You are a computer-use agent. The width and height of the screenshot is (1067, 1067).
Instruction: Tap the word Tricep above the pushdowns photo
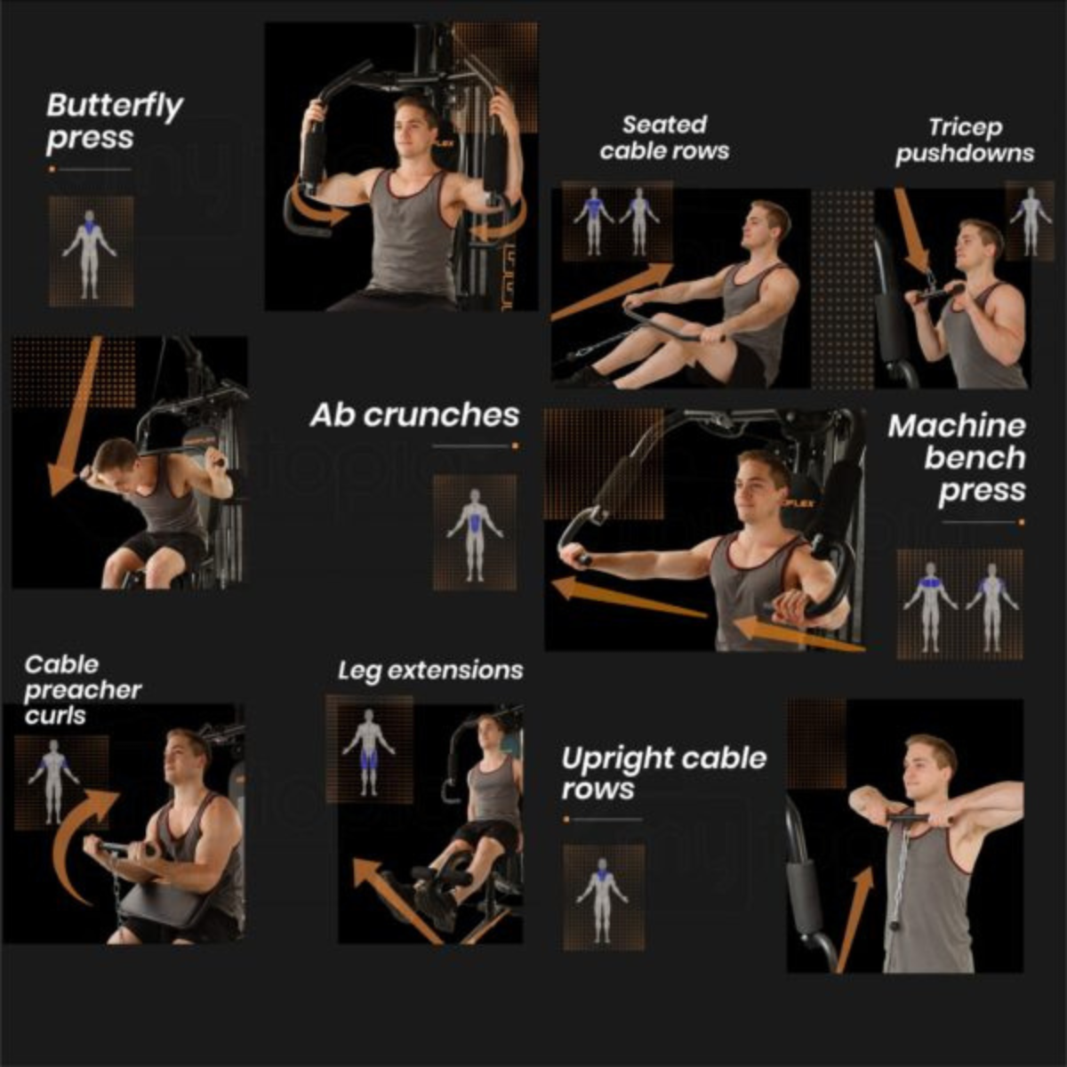(x=965, y=128)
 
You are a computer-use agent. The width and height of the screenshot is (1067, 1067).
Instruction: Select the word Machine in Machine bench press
(x=957, y=426)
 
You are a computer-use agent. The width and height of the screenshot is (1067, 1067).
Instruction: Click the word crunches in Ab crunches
(x=441, y=415)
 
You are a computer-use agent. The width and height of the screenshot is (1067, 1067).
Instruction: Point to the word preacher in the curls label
(x=83, y=691)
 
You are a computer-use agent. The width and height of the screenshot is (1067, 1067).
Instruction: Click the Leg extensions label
(x=430, y=670)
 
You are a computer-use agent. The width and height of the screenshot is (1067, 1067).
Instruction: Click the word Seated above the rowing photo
(x=664, y=124)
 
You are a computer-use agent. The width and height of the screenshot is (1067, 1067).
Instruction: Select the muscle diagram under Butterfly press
(x=91, y=252)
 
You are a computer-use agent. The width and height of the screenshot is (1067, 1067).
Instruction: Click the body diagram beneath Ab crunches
(x=475, y=533)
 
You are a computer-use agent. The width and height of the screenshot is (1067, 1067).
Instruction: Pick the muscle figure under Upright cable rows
(x=604, y=897)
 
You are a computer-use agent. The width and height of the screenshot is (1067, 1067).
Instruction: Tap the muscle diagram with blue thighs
(x=369, y=749)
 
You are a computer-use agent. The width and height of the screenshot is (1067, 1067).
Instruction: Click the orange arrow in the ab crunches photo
(x=74, y=416)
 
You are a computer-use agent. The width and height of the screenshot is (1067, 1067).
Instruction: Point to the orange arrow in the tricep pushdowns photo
(x=911, y=229)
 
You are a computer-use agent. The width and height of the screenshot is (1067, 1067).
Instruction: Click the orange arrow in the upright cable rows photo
(x=854, y=919)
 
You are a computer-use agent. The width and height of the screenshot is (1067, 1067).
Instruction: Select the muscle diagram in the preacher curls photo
(x=54, y=782)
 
